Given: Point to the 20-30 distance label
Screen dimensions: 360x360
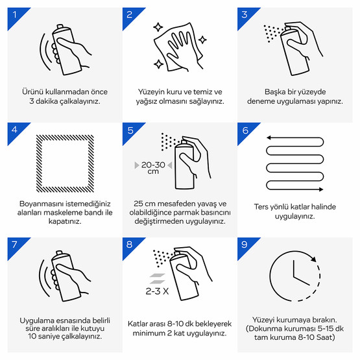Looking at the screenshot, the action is [x=153, y=165].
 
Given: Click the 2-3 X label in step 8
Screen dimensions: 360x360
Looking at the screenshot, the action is [x=157, y=291].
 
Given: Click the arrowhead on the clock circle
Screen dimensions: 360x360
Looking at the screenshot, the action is [x=313, y=259].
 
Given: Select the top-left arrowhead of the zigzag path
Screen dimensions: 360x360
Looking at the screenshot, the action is [x=269, y=138].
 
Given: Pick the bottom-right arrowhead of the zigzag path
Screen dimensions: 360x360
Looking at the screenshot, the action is [x=321, y=189].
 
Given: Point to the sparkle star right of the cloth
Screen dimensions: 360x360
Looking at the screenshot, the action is [x=202, y=40].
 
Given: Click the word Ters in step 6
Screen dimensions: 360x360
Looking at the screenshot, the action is [x=261, y=207].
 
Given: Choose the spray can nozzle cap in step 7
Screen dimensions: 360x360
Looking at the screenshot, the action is [x=60, y=253].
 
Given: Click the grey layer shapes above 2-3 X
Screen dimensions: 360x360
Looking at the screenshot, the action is [x=157, y=278].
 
